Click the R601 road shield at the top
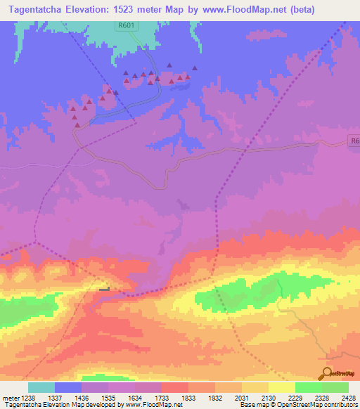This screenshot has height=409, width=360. pos(125,25)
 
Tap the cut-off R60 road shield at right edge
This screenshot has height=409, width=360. pos(354,141)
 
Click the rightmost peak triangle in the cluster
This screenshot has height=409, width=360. pos(195,68)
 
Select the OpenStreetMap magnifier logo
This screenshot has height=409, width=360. pos(327,372)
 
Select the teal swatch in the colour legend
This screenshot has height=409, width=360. pos(41,387)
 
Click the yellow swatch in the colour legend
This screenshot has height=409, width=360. pos(282,387)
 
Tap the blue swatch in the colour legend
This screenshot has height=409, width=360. pos(68,387)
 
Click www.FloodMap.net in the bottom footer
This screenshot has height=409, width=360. pos(154,404)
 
